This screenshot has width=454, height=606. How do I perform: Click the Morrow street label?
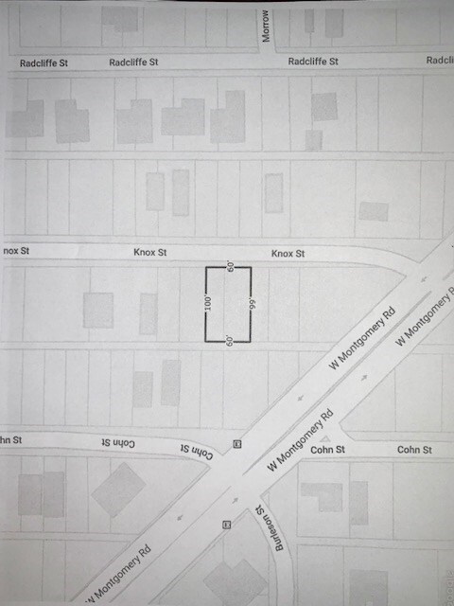click(267, 26)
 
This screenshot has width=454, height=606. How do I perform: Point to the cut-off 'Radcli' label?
click(440, 60)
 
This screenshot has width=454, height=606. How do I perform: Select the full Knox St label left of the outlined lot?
click(149, 253)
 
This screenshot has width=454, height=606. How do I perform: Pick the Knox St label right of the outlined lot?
click(288, 254)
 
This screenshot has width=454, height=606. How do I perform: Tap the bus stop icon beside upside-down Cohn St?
click(236, 443)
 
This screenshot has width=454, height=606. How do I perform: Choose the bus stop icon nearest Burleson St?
click(226, 525)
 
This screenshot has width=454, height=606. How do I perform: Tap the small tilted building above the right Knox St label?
click(373, 211)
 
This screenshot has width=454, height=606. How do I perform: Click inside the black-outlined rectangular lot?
click(229, 303)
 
